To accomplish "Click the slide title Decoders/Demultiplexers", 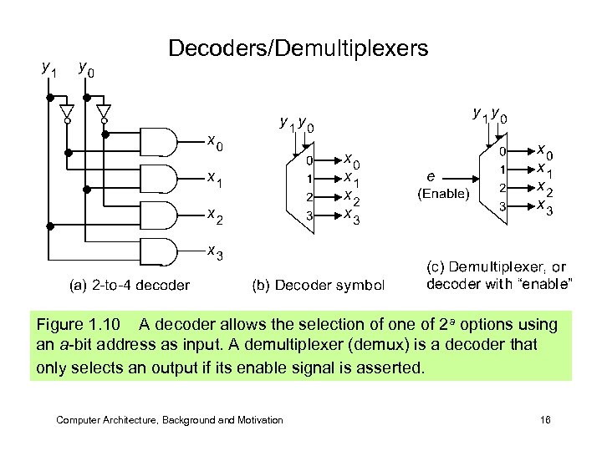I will [x=298, y=48].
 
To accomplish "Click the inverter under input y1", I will [x=68, y=111].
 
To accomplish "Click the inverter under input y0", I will [x=105, y=111].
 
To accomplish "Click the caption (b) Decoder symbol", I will [x=319, y=285].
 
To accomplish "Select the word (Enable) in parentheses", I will [x=443, y=194].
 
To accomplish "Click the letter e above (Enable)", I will [x=430, y=177].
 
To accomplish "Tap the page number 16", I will [x=545, y=420].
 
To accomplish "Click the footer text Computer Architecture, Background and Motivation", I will [x=170, y=420].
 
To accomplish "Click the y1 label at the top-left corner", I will [x=49, y=68].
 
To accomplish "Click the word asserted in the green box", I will [x=394, y=367].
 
